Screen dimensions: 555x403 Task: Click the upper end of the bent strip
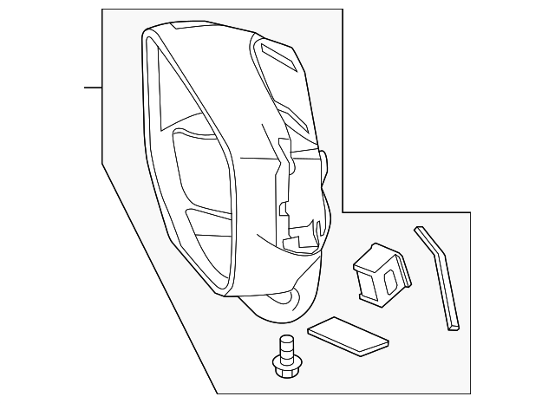[x=419, y=230]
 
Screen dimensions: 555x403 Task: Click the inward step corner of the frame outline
[x=343, y=212]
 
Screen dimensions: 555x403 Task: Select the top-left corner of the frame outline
[x=102, y=10]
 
